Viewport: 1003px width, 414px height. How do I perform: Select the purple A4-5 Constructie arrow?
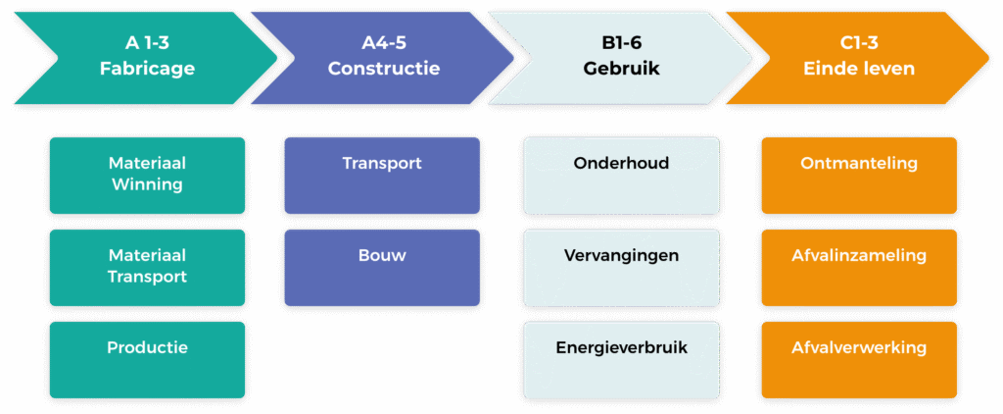pyautogui.click(x=382, y=57)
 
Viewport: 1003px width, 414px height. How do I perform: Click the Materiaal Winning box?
pyautogui.click(x=147, y=175)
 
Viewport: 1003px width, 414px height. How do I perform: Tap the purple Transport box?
pyautogui.click(x=382, y=175)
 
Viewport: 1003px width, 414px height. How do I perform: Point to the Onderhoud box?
pyautogui.click(x=622, y=175)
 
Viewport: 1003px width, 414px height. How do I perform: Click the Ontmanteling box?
pyautogui.click(x=859, y=175)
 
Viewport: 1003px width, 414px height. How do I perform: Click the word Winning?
pyautogui.click(x=147, y=184)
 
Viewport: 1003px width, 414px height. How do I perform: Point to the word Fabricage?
pyautogui.click(x=147, y=69)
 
